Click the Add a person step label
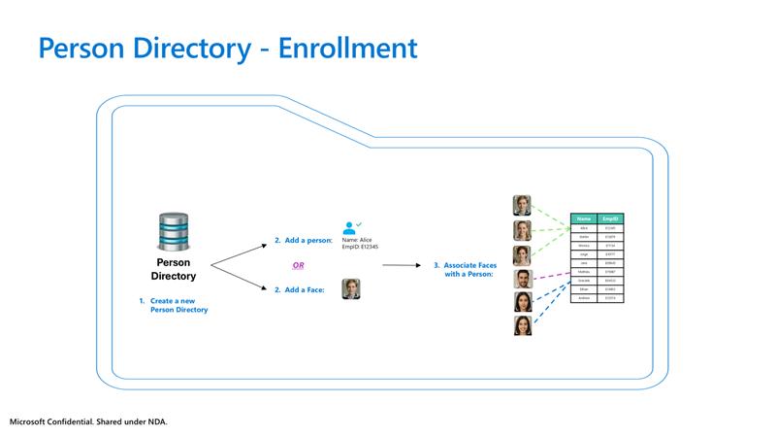(303, 240)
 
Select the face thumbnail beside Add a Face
(351, 288)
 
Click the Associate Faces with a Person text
(465, 269)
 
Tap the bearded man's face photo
(522, 280)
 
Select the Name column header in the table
(584, 218)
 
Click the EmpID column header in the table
(610, 218)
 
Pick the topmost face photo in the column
(522, 205)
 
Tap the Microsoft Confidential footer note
(95, 422)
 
